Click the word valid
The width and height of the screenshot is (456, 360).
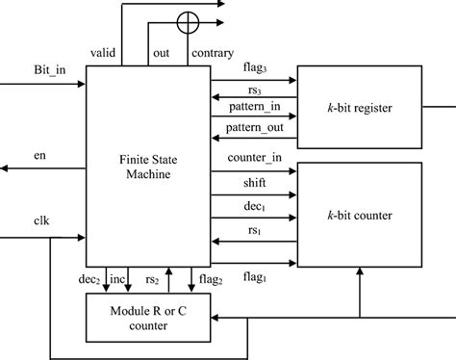104,52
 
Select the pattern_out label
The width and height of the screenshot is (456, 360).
254,128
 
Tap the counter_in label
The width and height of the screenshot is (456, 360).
253,156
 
